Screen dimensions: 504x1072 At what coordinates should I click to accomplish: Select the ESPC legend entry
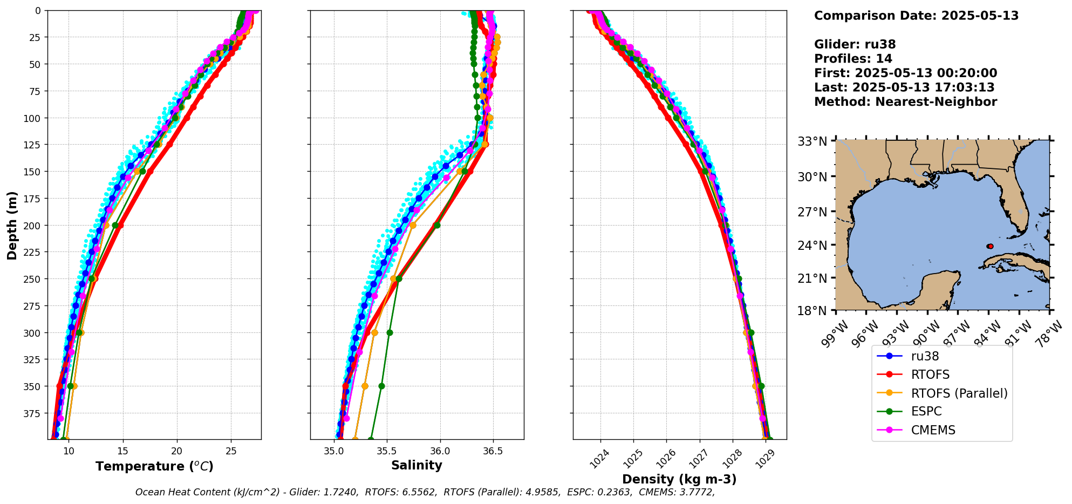(926, 411)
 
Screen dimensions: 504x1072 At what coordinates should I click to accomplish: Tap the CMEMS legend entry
(933, 430)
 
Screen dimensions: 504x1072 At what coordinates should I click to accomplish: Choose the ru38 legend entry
(925, 356)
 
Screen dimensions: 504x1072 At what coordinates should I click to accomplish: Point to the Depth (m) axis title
(12, 226)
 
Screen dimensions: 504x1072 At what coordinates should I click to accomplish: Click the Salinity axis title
(416, 466)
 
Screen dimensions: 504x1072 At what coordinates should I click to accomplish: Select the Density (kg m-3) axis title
(679, 479)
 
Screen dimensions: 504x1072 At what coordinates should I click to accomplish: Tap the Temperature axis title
(154, 466)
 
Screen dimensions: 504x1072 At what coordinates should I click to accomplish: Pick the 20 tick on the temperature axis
(176, 451)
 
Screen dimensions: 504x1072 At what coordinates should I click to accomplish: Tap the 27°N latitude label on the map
(812, 212)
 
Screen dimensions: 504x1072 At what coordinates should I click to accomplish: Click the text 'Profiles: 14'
(853, 59)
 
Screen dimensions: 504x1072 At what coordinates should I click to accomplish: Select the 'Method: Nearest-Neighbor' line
(905, 102)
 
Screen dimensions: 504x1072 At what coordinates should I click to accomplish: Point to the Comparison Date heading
(916, 16)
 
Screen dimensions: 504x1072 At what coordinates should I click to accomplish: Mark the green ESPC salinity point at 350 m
(381, 386)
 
